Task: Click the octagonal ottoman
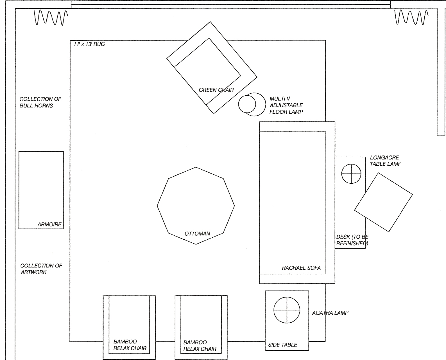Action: (196, 206)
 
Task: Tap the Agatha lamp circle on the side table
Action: (287, 310)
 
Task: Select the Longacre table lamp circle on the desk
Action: (351, 174)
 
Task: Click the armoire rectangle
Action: (41, 190)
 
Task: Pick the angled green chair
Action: (212, 67)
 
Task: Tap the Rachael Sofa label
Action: (301, 268)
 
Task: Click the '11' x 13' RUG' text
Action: (89, 44)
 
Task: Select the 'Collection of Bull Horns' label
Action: (40, 102)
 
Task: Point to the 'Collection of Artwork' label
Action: (41, 269)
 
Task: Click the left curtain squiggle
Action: (51, 17)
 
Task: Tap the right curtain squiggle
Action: (411, 17)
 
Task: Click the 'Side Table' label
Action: (282, 345)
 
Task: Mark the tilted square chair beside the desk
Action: (383, 202)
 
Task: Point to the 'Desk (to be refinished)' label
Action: (352, 240)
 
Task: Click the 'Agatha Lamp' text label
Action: (330, 313)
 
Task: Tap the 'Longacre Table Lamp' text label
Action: (385, 161)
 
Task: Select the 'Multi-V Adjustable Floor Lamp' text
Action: (286, 105)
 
